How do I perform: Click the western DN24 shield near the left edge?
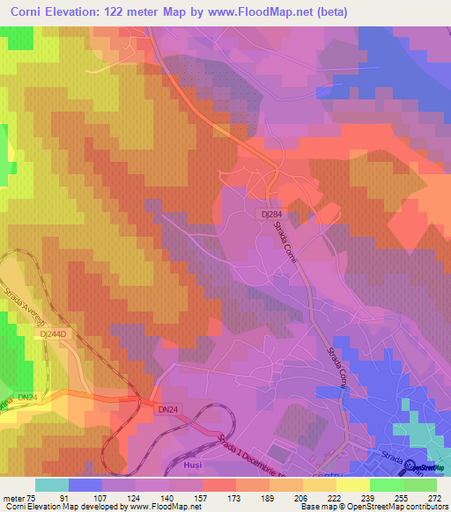pyautogui.click(x=27, y=397)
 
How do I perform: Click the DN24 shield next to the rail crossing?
pyautogui.click(x=167, y=409)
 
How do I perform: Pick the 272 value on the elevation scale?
pyautogui.click(x=434, y=497)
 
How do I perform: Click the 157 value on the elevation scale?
pyautogui.click(x=186, y=497)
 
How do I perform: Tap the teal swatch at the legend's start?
pyautogui.click(x=51, y=485)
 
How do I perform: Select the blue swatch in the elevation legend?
pyautogui.click(x=85, y=485)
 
